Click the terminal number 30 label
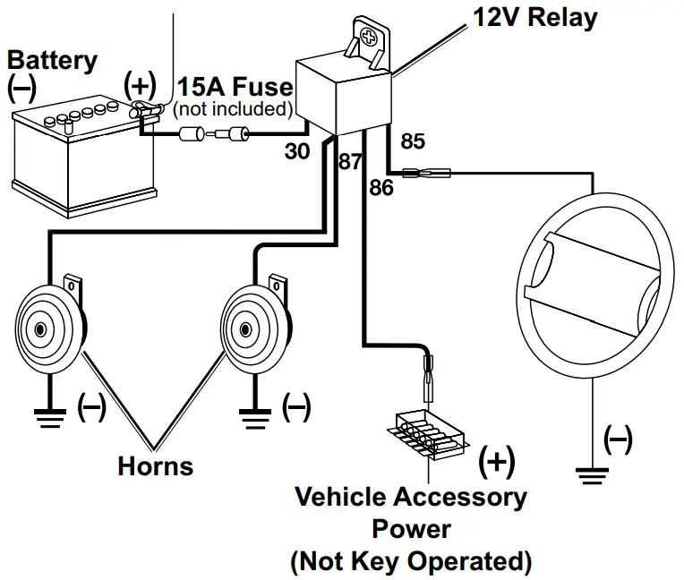click(297, 151)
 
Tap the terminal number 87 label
click(350, 162)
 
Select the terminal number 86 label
click(381, 188)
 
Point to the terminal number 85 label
click(413, 141)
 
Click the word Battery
click(52, 61)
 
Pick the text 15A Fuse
click(235, 87)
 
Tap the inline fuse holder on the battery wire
click(214, 133)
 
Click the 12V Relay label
click(535, 18)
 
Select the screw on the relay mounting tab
click(369, 37)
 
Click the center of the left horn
click(40, 329)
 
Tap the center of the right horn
click(245, 329)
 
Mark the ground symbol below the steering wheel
click(592, 476)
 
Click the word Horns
click(156, 465)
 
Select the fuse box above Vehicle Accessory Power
click(428, 435)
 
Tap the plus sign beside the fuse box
click(496, 462)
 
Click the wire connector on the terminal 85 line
click(426, 173)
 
